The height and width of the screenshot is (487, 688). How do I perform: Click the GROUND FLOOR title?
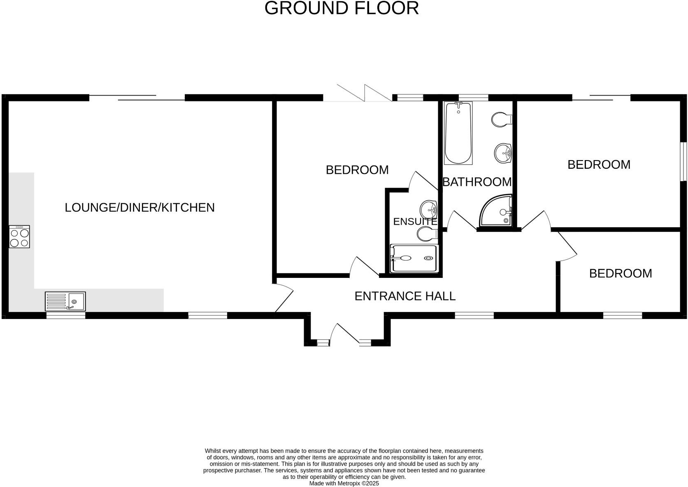(x=342, y=8)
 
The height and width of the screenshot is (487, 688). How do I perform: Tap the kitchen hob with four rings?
(x=19, y=237)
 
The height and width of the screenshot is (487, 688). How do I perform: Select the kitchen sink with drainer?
(x=65, y=301)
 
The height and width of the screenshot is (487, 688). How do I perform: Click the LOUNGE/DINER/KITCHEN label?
(x=139, y=207)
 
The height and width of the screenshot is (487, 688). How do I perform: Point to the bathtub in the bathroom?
(x=458, y=133)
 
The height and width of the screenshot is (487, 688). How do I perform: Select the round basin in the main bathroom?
(x=502, y=153)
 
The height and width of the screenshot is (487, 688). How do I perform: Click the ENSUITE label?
(x=415, y=221)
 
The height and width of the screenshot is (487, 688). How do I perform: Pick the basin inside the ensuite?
(x=428, y=210)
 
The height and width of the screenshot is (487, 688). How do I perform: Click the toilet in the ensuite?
(x=426, y=235)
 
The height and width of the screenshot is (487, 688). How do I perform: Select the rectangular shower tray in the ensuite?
(x=414, y=259)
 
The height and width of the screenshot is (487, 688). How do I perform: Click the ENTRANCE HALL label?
(x=405, y=296)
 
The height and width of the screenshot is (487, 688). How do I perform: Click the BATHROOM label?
(x=477, y=182)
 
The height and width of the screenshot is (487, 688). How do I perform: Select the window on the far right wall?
(x=683, y=161)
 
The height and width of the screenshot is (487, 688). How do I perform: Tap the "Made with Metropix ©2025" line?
(x=344, y=484)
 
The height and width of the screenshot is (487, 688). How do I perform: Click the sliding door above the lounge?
(x=137, y=98)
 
